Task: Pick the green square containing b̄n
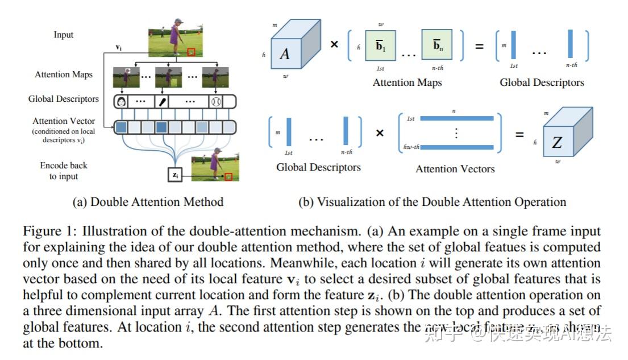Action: click(x=436, y=45)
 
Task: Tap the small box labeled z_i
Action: click(x=176, y=175)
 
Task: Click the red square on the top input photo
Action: click(x=192, y=52)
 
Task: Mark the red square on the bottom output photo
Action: click(x=228, y=176)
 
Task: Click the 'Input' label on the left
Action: click(x=64, y=35)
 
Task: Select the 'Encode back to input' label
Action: click(x=64, y=171)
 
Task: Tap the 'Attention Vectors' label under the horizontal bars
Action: click(x=455, y=169)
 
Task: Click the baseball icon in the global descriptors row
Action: click(x=215, y=102)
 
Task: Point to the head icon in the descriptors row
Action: click(x=120, y=102)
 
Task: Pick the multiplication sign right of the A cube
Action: click(x=334, y=44)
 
